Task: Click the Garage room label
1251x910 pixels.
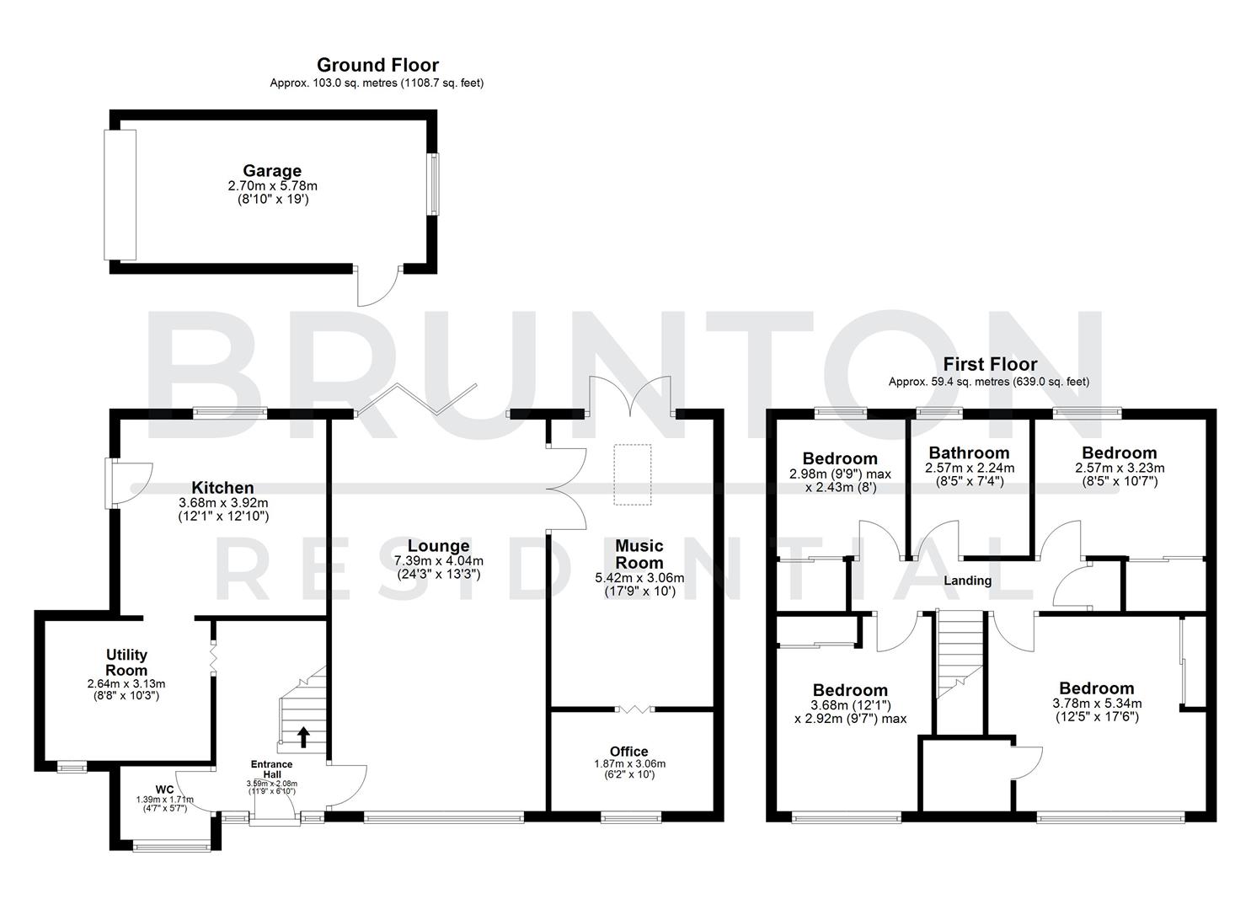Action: coord(271,171)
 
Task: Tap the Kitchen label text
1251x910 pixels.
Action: coord(222,488)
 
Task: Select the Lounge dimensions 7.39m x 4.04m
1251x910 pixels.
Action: coord(438,561)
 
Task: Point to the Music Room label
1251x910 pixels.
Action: coord(639,554)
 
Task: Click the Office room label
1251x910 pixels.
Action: coord(628,752)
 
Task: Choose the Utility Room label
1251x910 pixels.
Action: coord(126,662)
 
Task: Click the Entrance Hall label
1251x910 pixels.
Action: coord(271,769)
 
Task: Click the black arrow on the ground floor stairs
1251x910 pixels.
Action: coord(303,737)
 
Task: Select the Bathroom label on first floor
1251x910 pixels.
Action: coord(969,452)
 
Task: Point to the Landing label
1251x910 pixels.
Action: coord(967,581)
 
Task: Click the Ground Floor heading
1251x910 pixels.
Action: coord(377,65)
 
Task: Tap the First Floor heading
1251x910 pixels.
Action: coord(989,364)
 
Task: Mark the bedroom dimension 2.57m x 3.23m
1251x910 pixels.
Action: coord(1119,468)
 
